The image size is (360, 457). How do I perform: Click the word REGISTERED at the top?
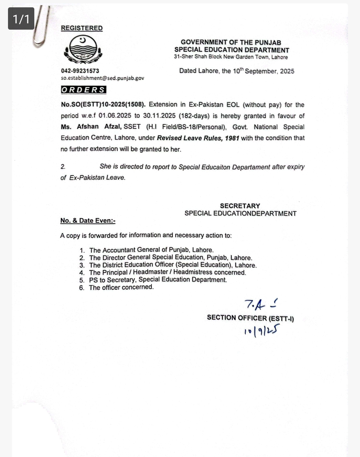click(82, 28)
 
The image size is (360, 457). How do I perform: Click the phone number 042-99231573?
click(80, 71)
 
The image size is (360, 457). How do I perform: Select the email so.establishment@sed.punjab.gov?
click(102, 78)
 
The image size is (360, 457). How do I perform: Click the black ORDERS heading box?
click(83, 90)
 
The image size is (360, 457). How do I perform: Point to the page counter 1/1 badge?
click(21, 19)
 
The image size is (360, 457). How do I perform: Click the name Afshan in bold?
click(88, 127)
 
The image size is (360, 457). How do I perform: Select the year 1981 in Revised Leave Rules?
click(232, 138)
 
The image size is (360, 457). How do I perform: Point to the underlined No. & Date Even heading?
click(88, 221)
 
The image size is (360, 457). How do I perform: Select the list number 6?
click(82, 287)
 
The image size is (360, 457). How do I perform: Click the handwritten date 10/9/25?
click(261, 331)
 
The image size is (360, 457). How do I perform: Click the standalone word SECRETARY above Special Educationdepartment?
click(240, 206)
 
